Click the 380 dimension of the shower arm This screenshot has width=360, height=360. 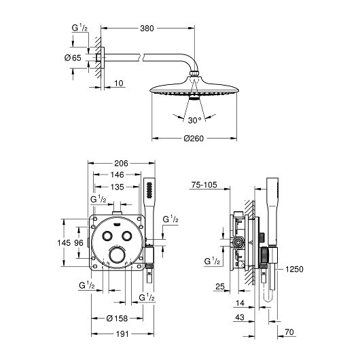point(147,29)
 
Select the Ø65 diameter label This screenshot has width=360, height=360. point(73,58)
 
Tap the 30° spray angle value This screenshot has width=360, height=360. point(194,120)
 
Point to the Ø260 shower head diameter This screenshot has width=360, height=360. point(194,139)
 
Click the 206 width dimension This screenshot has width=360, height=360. point(121,164)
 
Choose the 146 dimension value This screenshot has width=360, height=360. point(117,175)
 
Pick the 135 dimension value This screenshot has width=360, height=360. point(117,187)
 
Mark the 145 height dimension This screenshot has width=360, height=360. point(64,242)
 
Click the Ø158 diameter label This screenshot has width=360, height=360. point(117,319)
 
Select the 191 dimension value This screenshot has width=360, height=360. point(122,334)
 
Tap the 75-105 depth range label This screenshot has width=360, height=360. point(204,185)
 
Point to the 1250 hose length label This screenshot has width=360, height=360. point(294,269)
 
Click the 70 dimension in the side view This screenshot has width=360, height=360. point(289,332)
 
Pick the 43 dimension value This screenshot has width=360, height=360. point(240,317)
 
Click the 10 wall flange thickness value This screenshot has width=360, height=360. point(119,84)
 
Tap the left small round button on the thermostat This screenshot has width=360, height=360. point(107,236)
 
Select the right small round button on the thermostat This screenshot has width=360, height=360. point(127,236)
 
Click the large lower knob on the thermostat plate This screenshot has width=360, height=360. point(117,255)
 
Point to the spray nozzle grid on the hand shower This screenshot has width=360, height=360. point(149,190)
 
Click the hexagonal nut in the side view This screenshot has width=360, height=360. point(238,242)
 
